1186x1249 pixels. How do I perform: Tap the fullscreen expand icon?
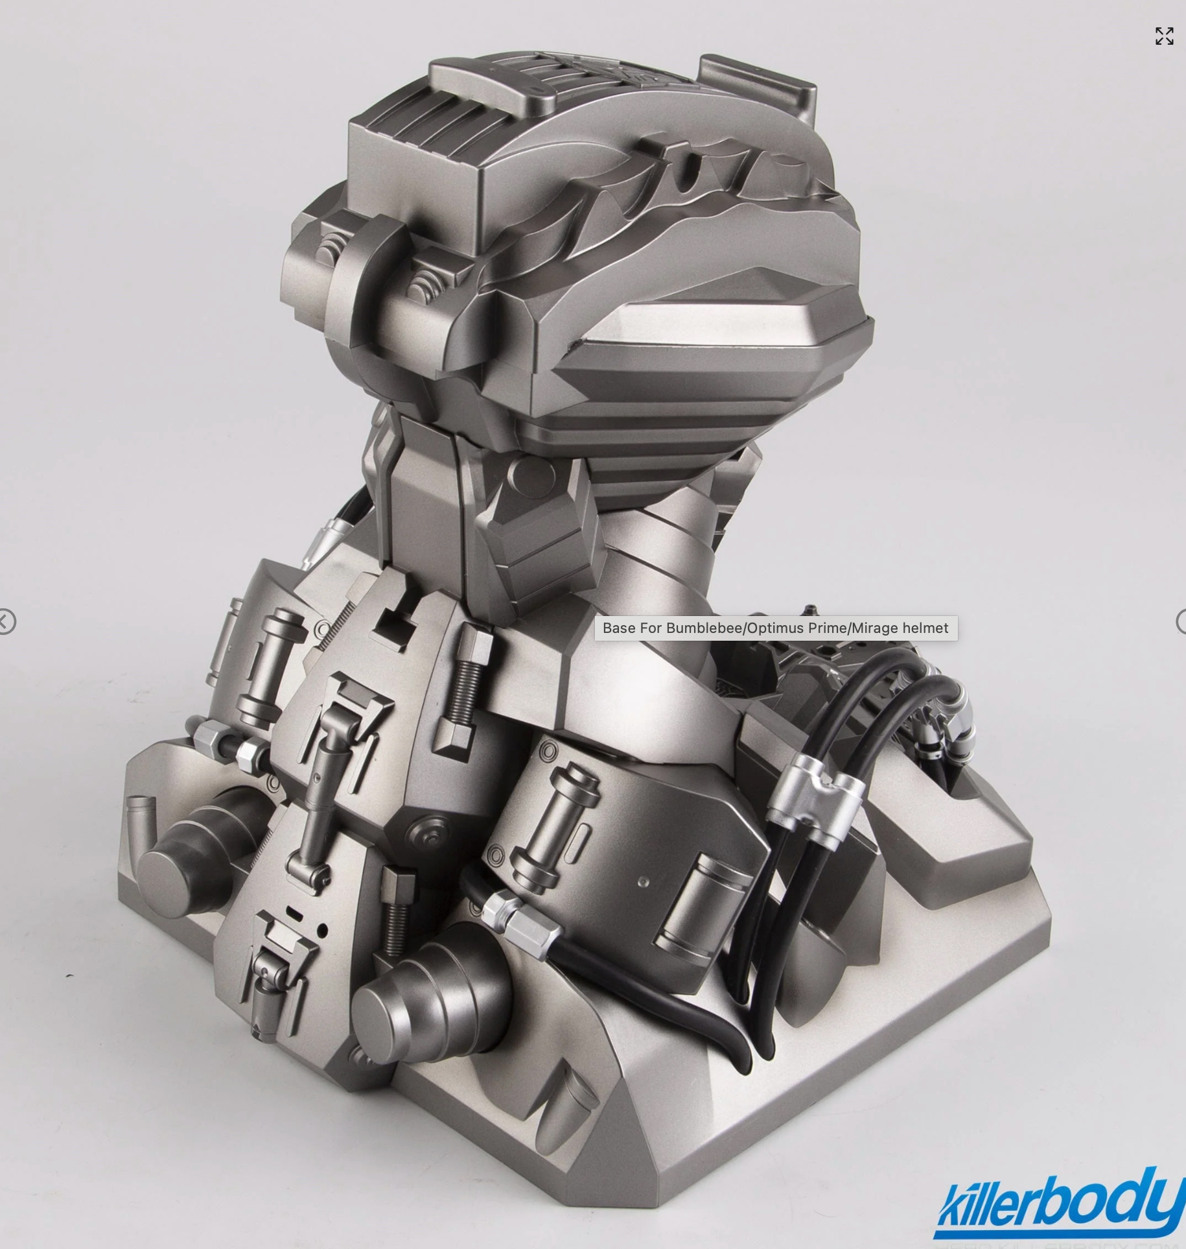[1164, 36]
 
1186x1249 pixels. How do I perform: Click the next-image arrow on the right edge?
[1181, 622]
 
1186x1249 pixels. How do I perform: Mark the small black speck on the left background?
[70, 975]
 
